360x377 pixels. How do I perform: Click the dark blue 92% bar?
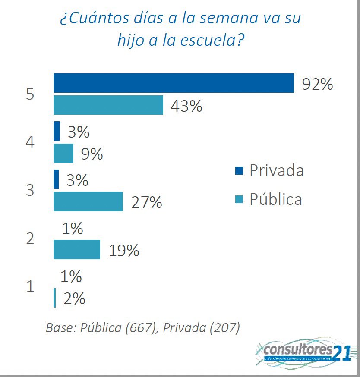coord(174,83)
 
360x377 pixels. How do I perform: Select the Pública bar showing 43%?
coord(108,105)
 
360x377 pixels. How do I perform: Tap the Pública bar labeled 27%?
coord(88,202)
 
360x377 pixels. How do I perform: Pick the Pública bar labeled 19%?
coord(76,250)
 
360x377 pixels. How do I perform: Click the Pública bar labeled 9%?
coord(63,154)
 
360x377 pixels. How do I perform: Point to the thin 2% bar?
coord(54,298)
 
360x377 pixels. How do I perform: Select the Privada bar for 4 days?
coord(57,131)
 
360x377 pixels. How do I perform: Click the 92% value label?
coord(317,84)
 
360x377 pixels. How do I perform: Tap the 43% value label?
coord(186,107)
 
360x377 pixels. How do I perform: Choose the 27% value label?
coord(146,202)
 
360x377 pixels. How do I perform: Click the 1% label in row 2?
coord(72,229)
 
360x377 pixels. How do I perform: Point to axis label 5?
coord(30,94)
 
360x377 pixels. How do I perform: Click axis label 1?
coord(30,286)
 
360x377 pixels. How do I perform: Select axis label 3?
coord(30,190)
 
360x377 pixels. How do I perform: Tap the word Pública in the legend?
coord(276,199)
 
